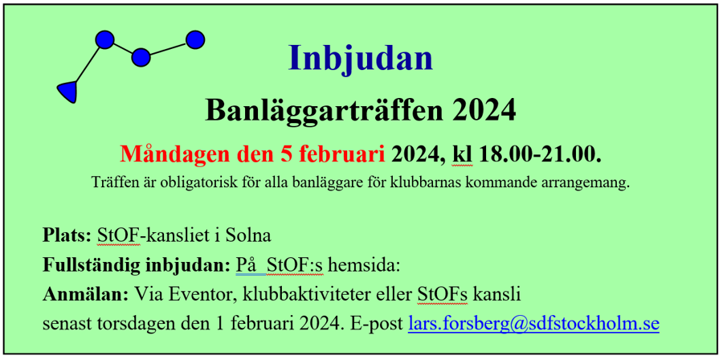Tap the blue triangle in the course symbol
click(68, 91)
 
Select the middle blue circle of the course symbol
click(141, 58)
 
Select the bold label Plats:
click(67, 235)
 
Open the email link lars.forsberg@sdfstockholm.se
click(534, 325)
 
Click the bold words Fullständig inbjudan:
click(136, 265)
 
